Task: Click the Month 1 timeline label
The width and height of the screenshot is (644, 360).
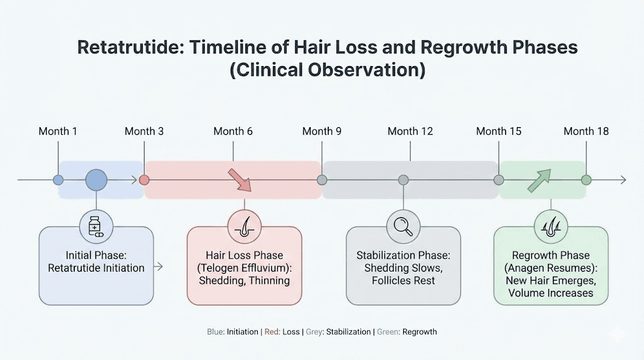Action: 58,131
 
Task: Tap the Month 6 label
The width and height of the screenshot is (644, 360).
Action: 233,131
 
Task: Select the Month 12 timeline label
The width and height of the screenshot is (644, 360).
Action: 410,131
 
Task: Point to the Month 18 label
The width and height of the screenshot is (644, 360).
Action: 586,131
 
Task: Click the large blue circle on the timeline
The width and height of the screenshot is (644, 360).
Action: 96,180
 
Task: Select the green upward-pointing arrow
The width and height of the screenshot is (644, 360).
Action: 539,179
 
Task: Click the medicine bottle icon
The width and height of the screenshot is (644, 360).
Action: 96,226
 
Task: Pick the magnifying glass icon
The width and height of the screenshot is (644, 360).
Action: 403,226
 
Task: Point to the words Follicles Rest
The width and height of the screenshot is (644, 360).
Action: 403,280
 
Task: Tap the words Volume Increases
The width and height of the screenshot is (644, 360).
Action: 550,293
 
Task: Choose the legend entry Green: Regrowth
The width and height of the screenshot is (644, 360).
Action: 407,332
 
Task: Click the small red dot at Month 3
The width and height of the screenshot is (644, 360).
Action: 144,180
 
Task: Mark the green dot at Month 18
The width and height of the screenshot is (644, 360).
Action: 586,180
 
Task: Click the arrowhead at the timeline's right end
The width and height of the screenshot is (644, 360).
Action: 623,180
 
